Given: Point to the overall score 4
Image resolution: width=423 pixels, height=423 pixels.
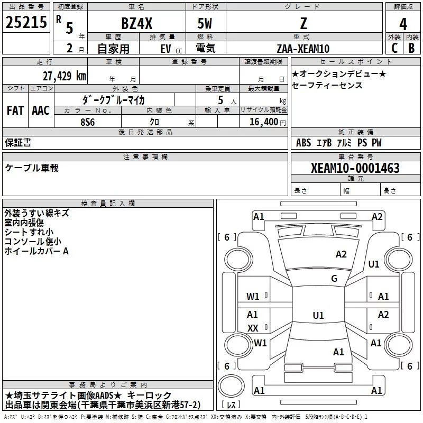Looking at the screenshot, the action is (403, 24).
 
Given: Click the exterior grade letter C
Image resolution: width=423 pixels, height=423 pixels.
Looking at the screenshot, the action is (394, 47).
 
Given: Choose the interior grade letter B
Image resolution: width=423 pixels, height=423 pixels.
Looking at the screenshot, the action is (412, 47).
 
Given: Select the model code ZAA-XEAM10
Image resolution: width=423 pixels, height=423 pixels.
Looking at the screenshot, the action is (303, 49).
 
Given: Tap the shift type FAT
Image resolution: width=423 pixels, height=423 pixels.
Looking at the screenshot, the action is (15, 111).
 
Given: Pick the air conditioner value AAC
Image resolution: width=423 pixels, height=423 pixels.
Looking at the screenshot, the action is (40, 111).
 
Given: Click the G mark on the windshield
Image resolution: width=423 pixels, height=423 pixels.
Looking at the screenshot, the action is (334, 279).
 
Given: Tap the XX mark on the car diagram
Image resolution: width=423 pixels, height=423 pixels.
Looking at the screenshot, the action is (253, 328).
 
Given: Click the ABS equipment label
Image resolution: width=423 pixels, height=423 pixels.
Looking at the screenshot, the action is (304, 143).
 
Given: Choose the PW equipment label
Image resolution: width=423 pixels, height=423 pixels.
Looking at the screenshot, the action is (376, 143).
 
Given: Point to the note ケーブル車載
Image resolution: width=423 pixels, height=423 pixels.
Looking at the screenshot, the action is (32, 168).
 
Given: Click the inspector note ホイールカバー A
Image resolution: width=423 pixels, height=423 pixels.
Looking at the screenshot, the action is (36, 251).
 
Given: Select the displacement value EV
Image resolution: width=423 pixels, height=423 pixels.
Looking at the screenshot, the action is (166, 49).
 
